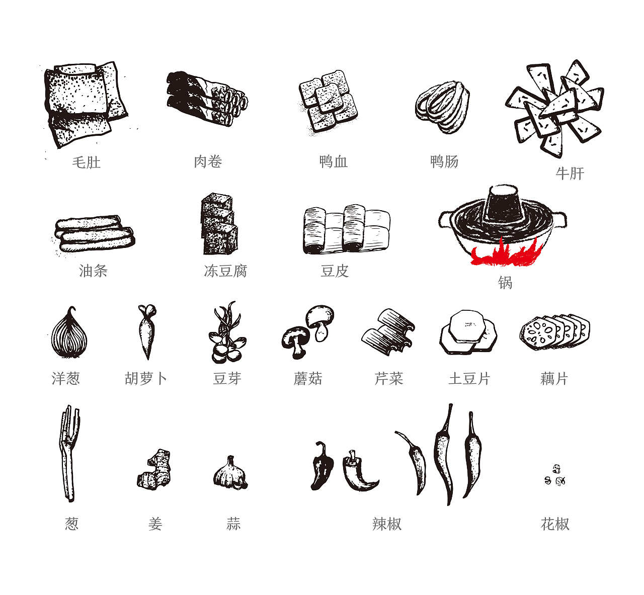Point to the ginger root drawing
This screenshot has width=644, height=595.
[x=154, y=470]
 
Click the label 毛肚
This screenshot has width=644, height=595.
[x=86, y=162]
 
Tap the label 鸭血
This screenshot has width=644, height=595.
[x=334, y=162]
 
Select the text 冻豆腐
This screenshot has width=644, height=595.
[x=225, y=271]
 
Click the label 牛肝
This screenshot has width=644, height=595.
[x=570, y=174]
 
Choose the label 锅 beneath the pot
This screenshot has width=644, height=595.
[x=505, y=283]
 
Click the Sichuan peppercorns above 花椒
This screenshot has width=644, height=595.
[x=555, y=475]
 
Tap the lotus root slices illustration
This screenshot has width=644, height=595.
[x=554, y=332]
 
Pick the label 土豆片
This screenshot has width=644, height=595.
[x=469, y=379]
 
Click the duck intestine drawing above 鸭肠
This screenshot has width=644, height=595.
[x=443, y=107]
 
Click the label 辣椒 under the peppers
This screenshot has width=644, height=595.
[x=387, y=524]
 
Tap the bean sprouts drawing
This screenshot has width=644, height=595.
[x=227, y=332]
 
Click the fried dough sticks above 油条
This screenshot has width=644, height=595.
[x=95, y=233]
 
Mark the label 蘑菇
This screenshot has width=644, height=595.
[x=308, y=379]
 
